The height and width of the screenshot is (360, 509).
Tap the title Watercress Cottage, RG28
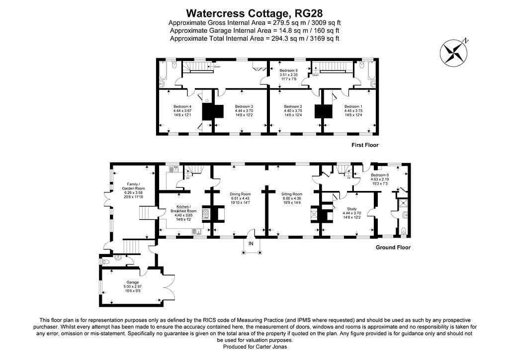tap(254, 12)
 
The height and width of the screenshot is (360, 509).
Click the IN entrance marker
tap(251, 244)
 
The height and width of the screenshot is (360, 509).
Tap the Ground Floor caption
tap(393, 247)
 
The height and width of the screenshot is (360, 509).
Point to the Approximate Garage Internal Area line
tap(254, 30)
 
